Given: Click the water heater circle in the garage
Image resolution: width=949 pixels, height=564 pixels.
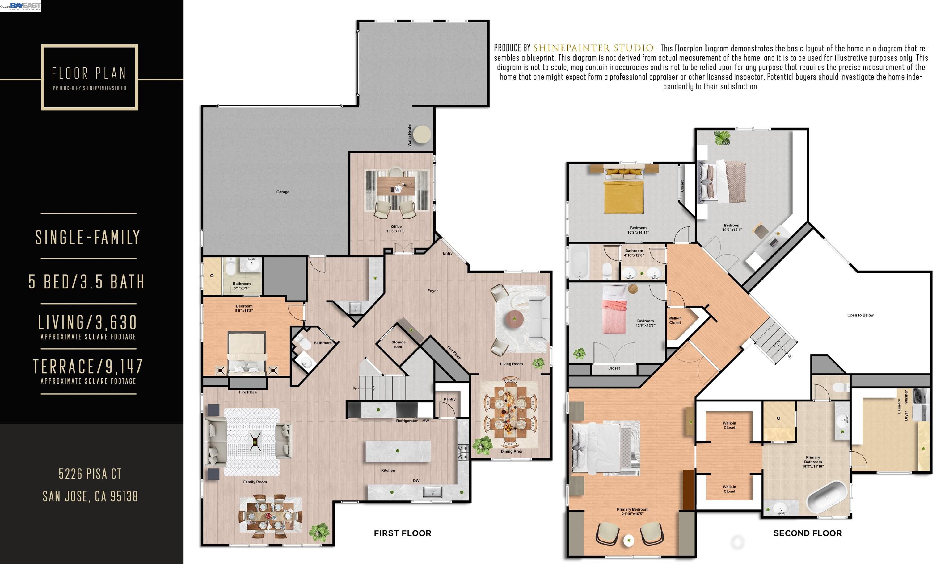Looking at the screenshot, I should coord(422,135).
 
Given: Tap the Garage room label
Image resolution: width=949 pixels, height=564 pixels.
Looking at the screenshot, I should coord(283,192).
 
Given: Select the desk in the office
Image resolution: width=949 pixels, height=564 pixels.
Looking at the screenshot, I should coord(395,187).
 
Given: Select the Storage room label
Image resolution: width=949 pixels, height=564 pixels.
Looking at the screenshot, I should coord(399,344).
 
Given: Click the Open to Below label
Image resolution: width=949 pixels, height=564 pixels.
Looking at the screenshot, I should coord(860,315).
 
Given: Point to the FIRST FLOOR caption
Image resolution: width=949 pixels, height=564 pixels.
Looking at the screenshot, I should coord(403,533).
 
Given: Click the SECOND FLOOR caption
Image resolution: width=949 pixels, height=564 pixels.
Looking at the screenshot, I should coord(807,533).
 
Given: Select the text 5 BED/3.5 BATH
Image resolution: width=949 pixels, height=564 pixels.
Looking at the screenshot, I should coord(87,282).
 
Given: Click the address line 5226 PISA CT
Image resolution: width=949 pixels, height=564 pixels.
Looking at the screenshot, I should coord(90,474).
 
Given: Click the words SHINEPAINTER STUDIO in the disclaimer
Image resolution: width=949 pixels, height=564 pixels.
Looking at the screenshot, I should coord(593,48).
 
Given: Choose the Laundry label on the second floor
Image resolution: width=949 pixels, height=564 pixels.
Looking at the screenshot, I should coord(899,406).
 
